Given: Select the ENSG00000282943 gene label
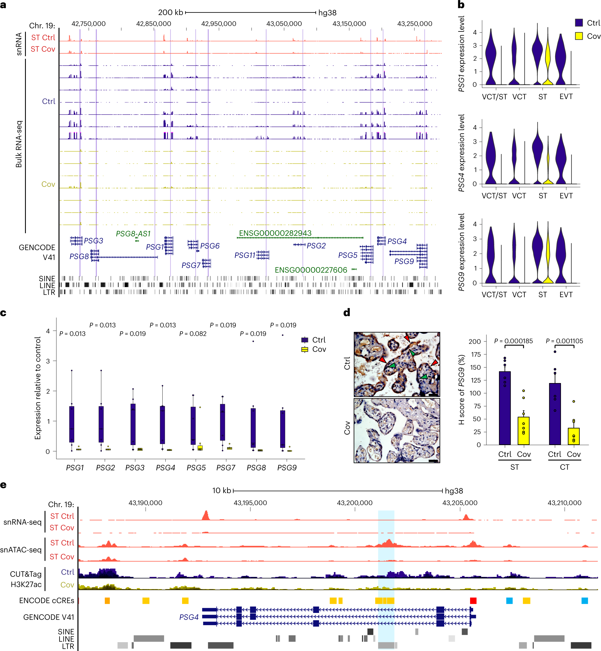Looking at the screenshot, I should (x=275, y=233).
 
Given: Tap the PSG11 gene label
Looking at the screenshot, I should (x=245, y=255).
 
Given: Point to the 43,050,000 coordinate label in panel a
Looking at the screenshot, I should (x=284, y=24).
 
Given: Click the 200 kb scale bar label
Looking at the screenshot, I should (x=170, y=12).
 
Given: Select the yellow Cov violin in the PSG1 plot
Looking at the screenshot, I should (x=548, y=62).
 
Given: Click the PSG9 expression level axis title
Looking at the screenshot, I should (x=461, y=252).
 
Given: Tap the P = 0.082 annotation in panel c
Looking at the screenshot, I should (x=193, y=334).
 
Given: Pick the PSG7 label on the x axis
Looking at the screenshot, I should (x=226, y=467).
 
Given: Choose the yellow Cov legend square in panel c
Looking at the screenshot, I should (x=305, y=350).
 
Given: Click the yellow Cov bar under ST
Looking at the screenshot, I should (x=523, y=431).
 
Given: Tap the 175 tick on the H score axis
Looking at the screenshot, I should (x=475, y=354).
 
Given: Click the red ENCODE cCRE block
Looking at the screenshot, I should (x=473, y=601).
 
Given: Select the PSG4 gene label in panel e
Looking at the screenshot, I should (x=189, y=617).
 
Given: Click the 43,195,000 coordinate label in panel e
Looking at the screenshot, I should (x=250, y=503).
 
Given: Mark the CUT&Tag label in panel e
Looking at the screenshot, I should (x=26, y=574).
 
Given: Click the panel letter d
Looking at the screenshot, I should (x=347, y=313).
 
